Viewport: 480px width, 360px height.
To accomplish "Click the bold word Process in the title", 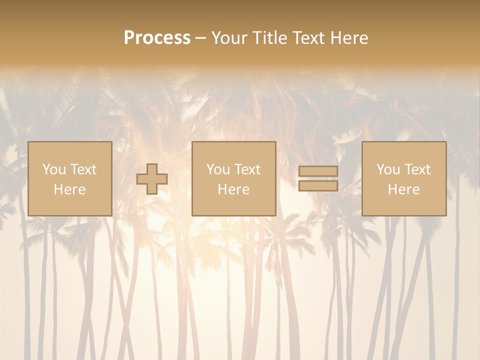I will (x=157, y=38).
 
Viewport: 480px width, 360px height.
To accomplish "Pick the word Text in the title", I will (x=308, y=38).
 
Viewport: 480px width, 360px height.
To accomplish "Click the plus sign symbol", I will (x=152, y=179).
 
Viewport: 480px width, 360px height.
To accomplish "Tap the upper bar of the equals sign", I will (x=318, y=171).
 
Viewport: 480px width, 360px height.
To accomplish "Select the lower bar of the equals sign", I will (x=318, y=185).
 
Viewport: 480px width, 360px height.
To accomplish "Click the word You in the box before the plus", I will (x=53, y=169).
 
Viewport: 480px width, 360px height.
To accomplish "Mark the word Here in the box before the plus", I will (x=69, y=189).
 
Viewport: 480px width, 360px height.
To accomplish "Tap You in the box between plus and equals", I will (x=218, y=169).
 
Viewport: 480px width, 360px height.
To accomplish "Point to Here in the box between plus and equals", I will (x=233, y=189).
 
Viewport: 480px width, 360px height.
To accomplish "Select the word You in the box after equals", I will (x=388, y=169).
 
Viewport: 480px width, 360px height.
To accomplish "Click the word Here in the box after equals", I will (x=403, y=189).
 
